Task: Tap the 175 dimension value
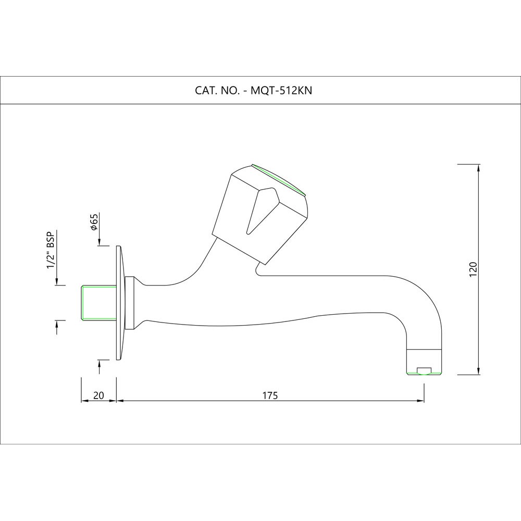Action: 269,395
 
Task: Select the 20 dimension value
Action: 98,395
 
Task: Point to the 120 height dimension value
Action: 473,268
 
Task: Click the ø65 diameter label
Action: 94,222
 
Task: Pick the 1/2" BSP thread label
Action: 51,251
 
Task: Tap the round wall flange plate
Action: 119,302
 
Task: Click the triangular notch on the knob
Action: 260,208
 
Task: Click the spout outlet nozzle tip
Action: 424,369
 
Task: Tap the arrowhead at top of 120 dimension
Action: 478,168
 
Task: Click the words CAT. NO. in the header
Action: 216,90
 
